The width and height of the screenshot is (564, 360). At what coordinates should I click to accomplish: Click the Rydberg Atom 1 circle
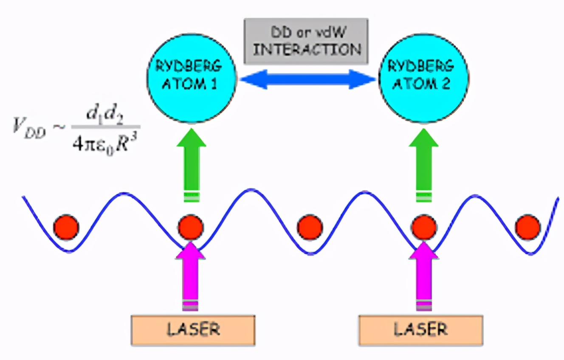pyautogui.click(x=192, y=79)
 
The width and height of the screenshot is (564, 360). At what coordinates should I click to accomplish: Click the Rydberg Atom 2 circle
pyautogui.click(x=423, y=79)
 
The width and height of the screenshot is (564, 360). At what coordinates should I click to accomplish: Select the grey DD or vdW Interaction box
pyautogui.click(x=306, y=41)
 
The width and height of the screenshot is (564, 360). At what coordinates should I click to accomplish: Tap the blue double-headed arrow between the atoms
pyautogui.click(x=307, y=79)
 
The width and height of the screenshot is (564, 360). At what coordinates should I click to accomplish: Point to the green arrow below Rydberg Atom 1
pyautogui.click(x=192, y=165)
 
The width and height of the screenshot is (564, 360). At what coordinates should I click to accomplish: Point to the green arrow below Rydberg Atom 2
pyautogui.click(x=423, y=165)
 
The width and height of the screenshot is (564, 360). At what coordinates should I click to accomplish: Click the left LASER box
pyautogui.click(x=193, y=330)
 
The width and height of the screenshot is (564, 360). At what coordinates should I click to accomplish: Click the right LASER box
pyautogui.click(x=421, y=330)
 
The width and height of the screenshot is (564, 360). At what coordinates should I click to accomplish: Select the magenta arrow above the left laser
pyautogui.click(x=191, y=276)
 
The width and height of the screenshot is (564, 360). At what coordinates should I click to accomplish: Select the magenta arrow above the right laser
pyautogui.click(x=424, y=276)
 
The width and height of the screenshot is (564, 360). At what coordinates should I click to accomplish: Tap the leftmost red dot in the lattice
pyautogui.click(x=66, y=227)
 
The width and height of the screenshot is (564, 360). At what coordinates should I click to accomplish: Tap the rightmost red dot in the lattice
pyautogui.click(x=528, y=227)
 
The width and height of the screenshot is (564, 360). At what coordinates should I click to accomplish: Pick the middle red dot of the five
pyautogui.click(x=310, y=227)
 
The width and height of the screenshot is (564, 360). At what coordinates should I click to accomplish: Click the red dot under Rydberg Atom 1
pyautogui.click(x=191, y=227)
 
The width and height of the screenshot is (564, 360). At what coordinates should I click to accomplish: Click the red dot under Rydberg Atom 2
pyautogui.click(x=424, y=227)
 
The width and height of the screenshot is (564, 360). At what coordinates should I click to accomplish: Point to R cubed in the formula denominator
pyautogui.click(x=127, y=143)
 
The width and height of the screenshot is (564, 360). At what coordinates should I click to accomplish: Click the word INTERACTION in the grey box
pyautogui.click(x=307, y=50)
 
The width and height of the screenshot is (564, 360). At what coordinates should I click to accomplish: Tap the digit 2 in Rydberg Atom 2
pyautogui.click(x=445, y=84)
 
